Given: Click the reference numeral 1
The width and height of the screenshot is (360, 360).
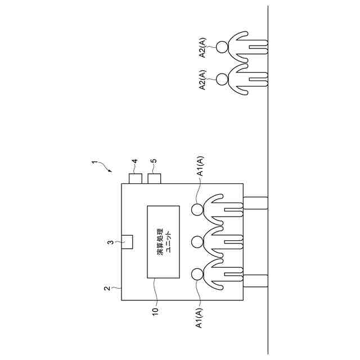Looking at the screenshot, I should click(x=94, y=163).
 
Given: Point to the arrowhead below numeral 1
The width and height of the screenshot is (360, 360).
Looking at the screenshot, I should click(x=111, y=169).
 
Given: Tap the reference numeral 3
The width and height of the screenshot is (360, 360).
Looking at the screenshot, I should click(x=111, y=242).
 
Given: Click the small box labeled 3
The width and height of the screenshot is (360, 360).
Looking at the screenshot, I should click(x=127, y=241).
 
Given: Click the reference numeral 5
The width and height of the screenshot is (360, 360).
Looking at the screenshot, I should click(x=154, y=163).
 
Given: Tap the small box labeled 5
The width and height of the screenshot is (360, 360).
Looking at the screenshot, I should click(x=154, y=179).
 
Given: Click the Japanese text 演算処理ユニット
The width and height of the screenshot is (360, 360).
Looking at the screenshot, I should click(x=163, y=242).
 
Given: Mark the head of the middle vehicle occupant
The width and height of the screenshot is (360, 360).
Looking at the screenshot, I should click(x=197, y=242).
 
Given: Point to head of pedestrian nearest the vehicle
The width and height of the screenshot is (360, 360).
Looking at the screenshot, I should click(x=222, y=79).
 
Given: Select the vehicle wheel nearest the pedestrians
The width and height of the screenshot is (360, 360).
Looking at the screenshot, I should click(x=256, y=203).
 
